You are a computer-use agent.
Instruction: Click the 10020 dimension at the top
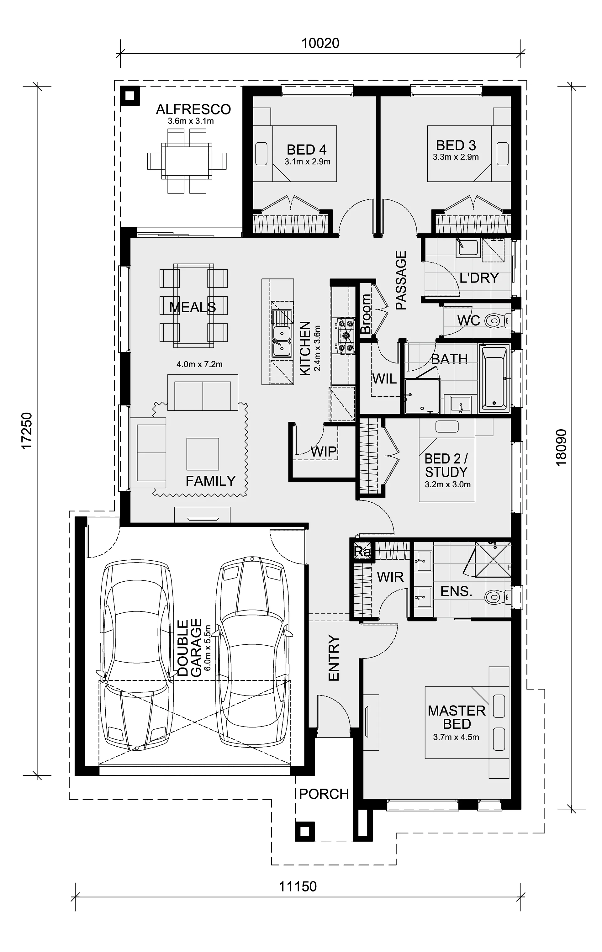[320, 43]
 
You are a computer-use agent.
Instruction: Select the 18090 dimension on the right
[561, 447]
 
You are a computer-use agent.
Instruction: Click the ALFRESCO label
[193, 109]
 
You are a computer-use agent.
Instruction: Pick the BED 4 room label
[307, 150]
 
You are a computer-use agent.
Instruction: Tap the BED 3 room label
[456, 145]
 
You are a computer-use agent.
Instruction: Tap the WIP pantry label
[323, 452]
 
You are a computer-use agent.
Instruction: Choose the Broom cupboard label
[366, 314]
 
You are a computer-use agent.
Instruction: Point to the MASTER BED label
[457, 717]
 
